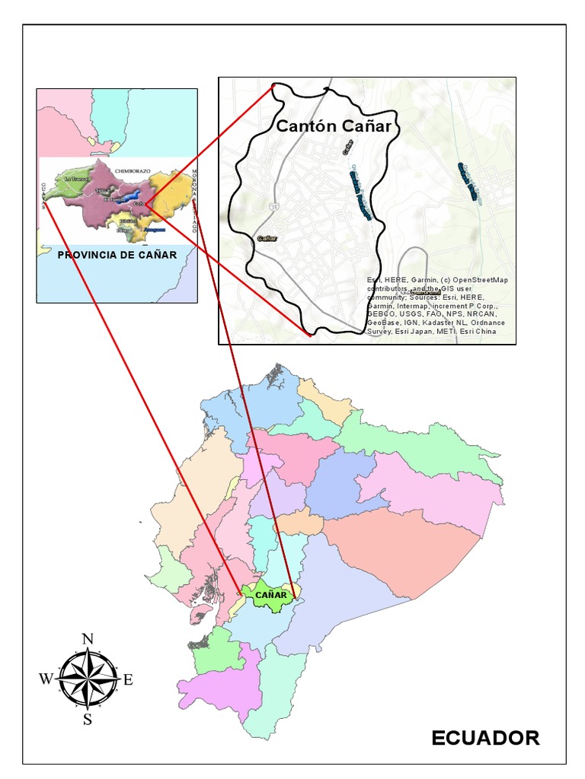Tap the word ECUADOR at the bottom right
tap(485, 737)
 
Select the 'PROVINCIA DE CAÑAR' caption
tap(117, 255)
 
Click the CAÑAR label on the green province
tap(270, 595)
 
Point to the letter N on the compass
tap(88, 639)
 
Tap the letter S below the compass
tap(88, 720)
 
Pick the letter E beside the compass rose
tap(128, 679)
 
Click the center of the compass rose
tap(88, 679)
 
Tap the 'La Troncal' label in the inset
tap(76, 178)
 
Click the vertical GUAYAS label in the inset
tap(43, 196)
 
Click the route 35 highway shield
tap(273, 205)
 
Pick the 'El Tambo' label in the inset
tap(111, 199)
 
